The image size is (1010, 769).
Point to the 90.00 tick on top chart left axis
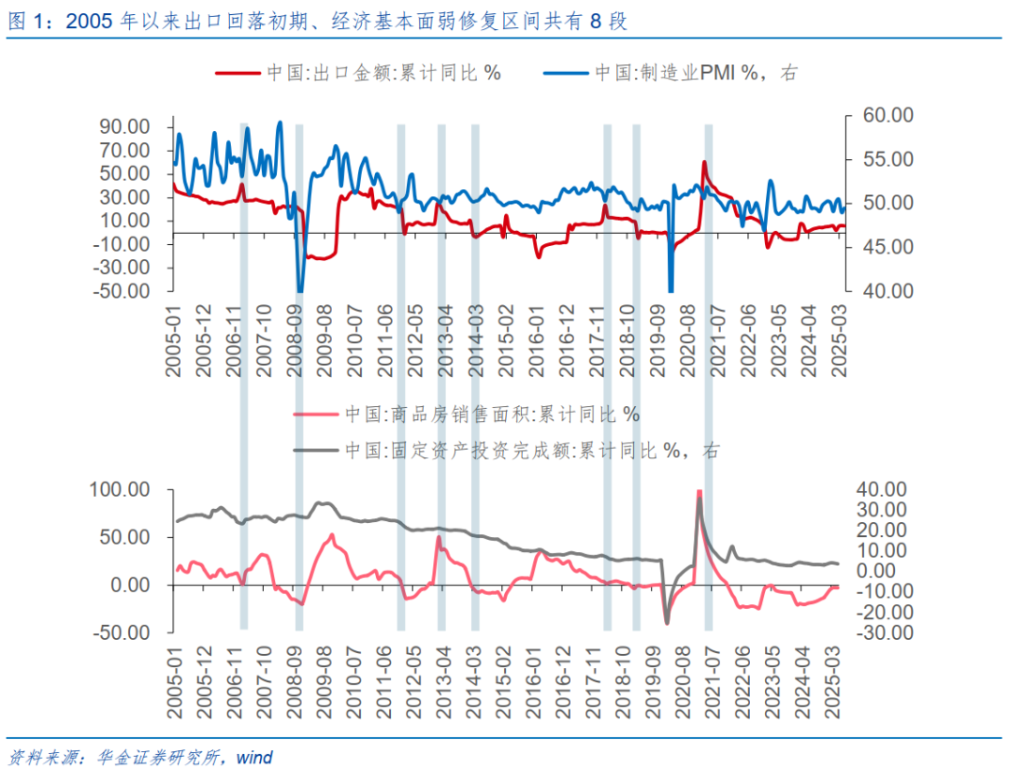(x=125, y=126)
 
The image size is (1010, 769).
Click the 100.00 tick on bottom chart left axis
(x=121, y=489)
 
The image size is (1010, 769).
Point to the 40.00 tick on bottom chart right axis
(x=883, y=489)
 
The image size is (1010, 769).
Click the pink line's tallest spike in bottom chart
(x=700, y=492)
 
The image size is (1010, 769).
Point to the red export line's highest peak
(x=704, y=163)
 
